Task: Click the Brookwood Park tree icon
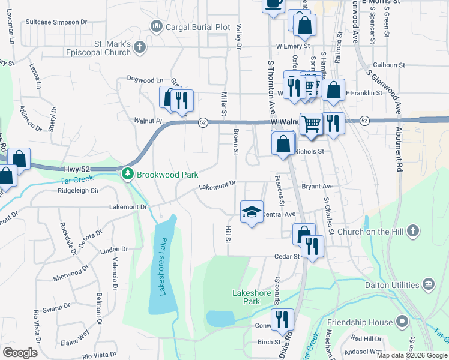pos(127,175)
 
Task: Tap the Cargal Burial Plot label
pos(198,27)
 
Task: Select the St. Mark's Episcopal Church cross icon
pos(140,47)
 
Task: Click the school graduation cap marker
pos(252,211)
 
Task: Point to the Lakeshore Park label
pos(255,297)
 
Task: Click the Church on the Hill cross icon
pos(412,231)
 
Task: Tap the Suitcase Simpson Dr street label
pos(56,22)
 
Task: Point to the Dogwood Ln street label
pos(145,79)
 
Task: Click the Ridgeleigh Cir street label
pos(77,191)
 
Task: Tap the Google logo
pos(20,353)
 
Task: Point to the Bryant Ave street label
pos(317,187)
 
